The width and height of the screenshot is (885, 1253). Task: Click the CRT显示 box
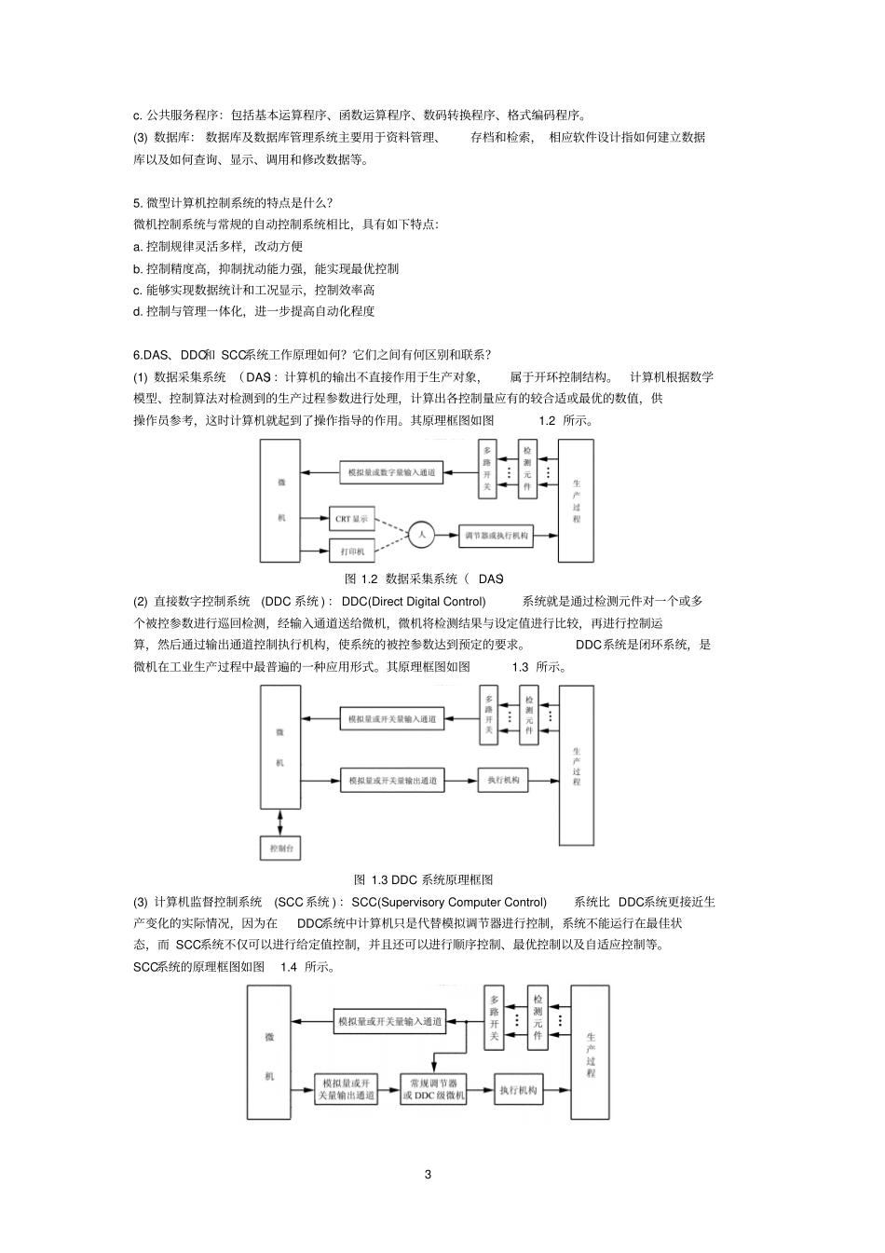coord(352,519)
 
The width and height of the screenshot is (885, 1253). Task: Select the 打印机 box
coord(352,551)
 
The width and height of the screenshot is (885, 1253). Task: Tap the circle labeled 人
coord(421,535)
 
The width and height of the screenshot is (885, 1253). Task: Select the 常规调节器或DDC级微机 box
coord(433,1090)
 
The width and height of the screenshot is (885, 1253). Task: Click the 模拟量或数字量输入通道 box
coord(391,473)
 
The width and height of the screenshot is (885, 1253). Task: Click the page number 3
coord(428,1174)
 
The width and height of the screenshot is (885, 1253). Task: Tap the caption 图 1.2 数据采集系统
coord(424,579)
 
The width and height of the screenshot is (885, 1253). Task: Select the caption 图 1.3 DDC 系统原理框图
coord(424,879)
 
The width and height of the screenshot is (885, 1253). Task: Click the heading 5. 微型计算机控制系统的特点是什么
coord(234,202)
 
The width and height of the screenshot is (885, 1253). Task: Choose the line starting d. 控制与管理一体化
coord(254,311)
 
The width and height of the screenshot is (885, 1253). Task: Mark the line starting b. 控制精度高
coord(266,268)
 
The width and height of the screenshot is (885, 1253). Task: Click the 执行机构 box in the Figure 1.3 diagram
coord(503,780)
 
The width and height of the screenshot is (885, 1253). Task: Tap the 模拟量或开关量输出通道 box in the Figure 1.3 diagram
coord(392,781)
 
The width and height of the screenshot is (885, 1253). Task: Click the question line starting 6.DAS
coord(313,355)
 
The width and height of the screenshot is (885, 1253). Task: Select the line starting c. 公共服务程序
coord(361,116)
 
